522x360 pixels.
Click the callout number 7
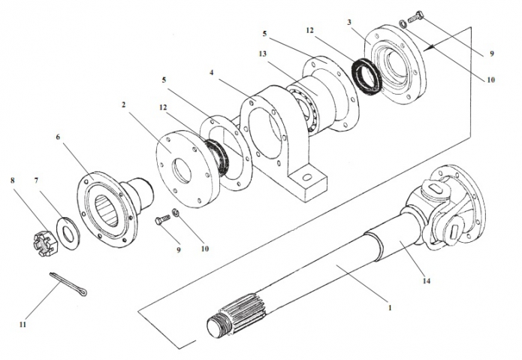coord(37,181)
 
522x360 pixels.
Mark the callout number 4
coord(213,72)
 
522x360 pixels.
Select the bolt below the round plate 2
coord(162,221)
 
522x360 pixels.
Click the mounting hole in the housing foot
coord(306,178)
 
